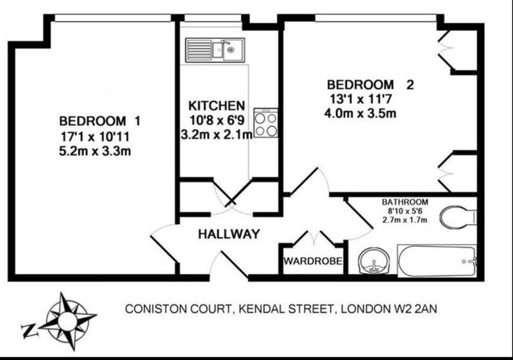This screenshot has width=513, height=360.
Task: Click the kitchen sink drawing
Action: tap(215, 50)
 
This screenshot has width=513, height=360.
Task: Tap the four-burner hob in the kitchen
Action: tap(265, 123)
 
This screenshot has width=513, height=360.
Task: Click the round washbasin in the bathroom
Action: tap(374, 260)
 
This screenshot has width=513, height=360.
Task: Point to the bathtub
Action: tap(437, 261)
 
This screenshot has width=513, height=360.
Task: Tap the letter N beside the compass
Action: tap(29, 330)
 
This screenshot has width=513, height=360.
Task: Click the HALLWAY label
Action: tap(229, 234)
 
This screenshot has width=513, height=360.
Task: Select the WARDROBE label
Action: tap(313, 261)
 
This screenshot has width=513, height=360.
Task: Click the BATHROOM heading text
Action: tap(405, 202)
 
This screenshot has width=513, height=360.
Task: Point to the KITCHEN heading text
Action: tap(217, 106)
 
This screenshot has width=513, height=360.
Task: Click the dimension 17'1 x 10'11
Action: tap(95, 137)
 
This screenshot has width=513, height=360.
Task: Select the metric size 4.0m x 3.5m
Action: tap(360, 113)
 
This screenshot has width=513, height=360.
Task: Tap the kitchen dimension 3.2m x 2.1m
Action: tap(217, 134)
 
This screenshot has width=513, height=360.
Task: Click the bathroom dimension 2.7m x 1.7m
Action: tap(405, 219)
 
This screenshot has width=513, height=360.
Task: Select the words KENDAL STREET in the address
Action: tap(285, 309)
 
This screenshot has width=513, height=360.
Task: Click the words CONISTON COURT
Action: tap(179, 309)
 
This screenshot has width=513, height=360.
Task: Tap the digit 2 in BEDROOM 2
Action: tap(410, 85)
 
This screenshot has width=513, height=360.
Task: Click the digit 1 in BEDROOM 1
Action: tap(137, 121)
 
